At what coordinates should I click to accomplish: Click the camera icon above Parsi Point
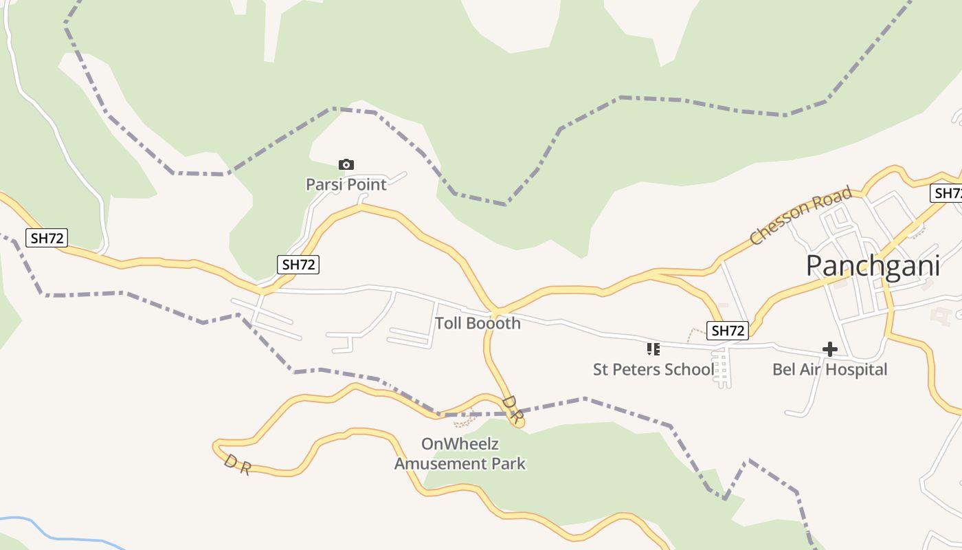click(346, 164)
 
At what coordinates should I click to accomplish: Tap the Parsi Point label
click(346, 184)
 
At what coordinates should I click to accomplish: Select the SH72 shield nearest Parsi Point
click(299, 264)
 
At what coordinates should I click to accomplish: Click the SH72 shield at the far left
click(47, 239)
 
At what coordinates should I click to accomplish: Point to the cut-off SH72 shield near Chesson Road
click(948, 193)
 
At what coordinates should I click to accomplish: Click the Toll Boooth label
click(478, 323)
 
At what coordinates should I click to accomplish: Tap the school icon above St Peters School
click(653, 349)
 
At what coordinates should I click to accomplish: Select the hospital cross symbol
click(830, 349)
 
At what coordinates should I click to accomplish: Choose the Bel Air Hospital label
click(830, 370)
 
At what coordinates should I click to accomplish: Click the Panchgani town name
click(873, 266)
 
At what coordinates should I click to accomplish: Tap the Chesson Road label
click(801, 214)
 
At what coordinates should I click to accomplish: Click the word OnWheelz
click(460, 444)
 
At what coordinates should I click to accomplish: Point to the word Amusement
click(440, 464)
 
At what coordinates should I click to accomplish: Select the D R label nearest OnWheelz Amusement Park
click(513, 408)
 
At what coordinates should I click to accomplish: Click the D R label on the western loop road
click(237, 464)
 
